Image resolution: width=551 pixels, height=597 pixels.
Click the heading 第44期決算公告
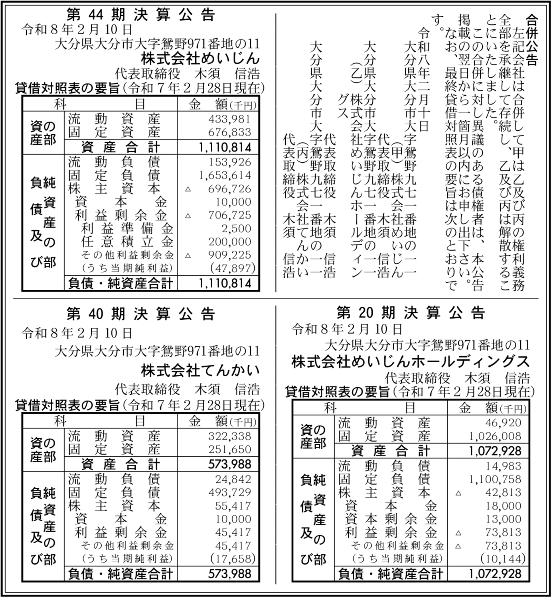(x=141, y=15)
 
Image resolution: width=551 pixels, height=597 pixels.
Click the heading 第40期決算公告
(x=141, y=314)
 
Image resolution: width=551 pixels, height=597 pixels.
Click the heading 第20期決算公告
(x=411, y=313)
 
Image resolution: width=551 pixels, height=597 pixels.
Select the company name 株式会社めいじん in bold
(x=200, y=59)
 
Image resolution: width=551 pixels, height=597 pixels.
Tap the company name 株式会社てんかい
(x=200, y=370)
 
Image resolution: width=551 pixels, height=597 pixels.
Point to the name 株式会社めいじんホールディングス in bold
(x=411, y=361)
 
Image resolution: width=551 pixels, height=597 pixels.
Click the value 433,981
(x=229, y=119)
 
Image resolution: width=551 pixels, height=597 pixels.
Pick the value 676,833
(x=229, y=132)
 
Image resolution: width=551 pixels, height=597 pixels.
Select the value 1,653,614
(x=225, y=175)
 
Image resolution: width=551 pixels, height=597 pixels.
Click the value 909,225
(x=229, y=255)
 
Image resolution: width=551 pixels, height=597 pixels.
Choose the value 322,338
(x=229, y=436)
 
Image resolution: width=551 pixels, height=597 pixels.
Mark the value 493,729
(x=229, y=493)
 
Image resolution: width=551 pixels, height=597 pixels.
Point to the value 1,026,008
(x=495, y=436)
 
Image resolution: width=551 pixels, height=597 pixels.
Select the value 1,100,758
(x=495, y=479)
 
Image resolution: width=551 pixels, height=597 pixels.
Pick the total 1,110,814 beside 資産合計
(x=225, y=147)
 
